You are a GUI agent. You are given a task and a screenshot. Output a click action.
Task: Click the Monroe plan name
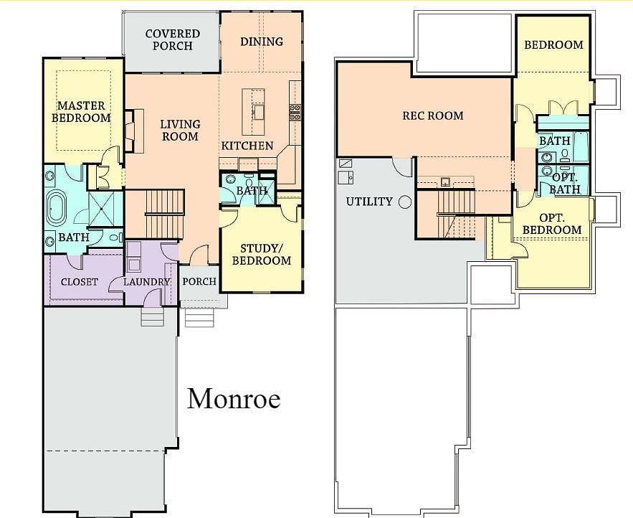(x=234, y=398)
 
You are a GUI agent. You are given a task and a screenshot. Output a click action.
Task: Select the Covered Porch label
(x=172, y=40)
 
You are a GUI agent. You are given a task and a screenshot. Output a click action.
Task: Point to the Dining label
(x=262, y=42)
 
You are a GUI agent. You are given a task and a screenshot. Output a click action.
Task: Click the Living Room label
(x=180, y=130)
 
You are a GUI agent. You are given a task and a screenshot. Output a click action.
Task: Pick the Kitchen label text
(x=247, y=146)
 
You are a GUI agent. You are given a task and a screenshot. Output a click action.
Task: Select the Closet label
(x=79, y=282)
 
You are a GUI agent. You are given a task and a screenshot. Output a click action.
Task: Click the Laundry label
(x=146, y=282)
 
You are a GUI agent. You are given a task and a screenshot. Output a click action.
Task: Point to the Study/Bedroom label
(x=262, y=254)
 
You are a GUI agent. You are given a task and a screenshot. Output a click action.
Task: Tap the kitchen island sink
(x=258, y=112)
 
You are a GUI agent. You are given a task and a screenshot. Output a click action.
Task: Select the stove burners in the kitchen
(x=295, y=111)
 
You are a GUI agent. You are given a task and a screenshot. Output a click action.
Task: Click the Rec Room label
(x=432, y=116)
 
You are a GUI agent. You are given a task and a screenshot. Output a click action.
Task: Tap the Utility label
(x=369, y=202)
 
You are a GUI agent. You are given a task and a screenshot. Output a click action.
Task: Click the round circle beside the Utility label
(x=405, y=202)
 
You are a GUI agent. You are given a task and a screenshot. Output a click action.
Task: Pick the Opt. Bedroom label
(x=551, y=223)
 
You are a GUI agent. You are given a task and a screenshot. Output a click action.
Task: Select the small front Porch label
(x=199, y=281)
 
